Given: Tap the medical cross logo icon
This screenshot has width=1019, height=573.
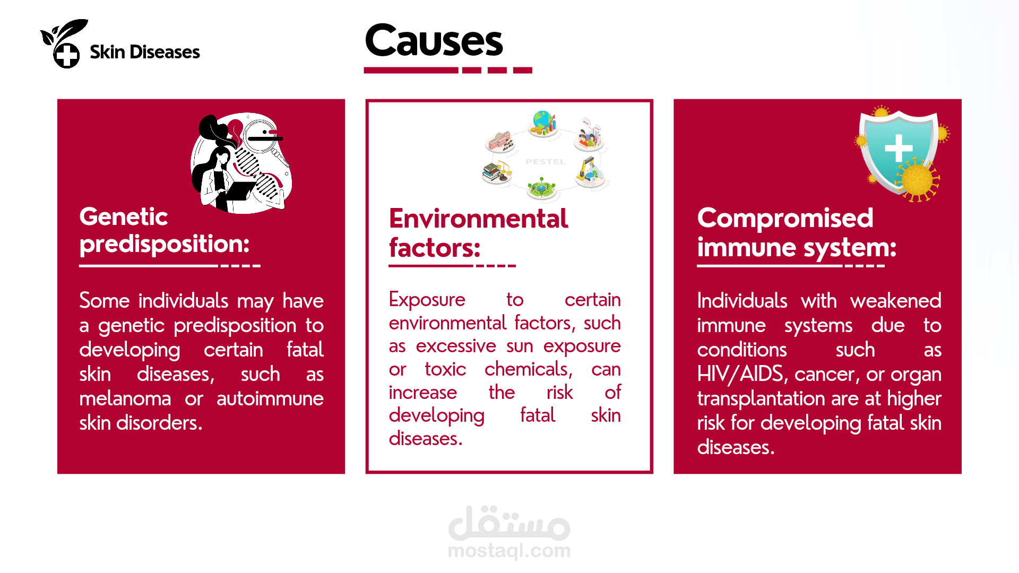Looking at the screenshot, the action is [67, 55].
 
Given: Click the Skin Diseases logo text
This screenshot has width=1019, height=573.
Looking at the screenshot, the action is [145, 52].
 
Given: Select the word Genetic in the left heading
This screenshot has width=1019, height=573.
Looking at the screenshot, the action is [124, 216].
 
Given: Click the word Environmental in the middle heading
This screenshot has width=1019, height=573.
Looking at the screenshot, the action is [479, 219].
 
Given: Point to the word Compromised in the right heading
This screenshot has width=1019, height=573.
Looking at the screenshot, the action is [785, 219].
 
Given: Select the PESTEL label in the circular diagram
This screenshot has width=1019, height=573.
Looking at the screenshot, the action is [546, 161].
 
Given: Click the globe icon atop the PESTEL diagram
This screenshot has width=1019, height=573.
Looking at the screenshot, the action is [543, 123].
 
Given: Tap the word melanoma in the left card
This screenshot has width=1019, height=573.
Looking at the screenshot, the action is [125, 398].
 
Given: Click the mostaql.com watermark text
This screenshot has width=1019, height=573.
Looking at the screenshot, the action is [509, 551].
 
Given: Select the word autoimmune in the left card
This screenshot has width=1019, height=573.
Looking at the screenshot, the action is [270, 398].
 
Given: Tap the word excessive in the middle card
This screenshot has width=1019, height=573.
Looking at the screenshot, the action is [456, 346].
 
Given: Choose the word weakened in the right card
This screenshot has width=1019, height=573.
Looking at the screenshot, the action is [896, 301].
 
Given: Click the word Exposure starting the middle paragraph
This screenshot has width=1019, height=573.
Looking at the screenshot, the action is [427, 300].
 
